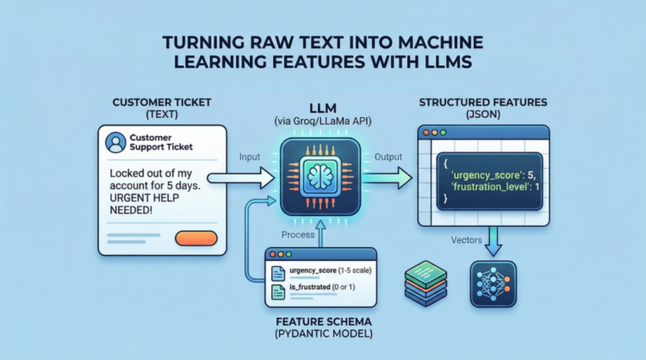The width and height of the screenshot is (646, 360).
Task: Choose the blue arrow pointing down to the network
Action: tap(494, 240)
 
